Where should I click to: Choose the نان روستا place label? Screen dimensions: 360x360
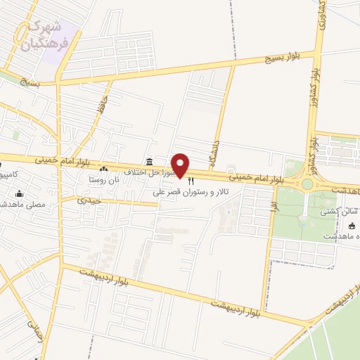tap(103, 179)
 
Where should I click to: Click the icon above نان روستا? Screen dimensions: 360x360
tap(104, 169)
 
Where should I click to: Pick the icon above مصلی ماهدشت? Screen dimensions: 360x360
tap(19, 193)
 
